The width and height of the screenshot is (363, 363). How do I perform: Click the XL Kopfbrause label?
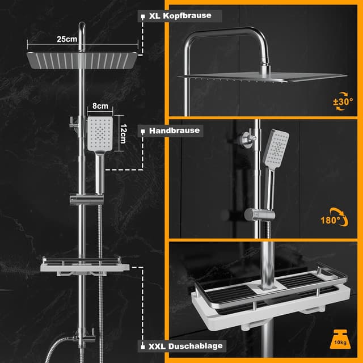[180, 16]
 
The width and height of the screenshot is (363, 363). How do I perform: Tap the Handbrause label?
[174, 130]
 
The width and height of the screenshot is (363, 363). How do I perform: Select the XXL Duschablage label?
[185, 347]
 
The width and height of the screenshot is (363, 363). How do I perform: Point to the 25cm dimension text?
[67, 39]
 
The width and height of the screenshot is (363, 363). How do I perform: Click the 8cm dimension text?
[100, 106]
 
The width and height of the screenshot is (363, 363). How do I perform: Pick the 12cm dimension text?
[124, 134]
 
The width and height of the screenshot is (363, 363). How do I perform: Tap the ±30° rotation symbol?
[343, 102]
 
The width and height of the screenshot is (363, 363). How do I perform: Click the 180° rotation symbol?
[334, 218]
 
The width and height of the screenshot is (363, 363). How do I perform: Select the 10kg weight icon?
[340, 339]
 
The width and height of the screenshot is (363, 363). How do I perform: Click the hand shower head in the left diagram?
[100, 134]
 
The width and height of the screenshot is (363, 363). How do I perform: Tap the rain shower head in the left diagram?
[82, 61]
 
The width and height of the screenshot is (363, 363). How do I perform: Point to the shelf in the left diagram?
[85, 266]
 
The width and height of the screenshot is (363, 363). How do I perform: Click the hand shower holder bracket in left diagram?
[87, 199]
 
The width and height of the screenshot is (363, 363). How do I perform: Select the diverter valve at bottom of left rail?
[84, 337]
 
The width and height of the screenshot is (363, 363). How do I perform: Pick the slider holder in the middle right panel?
[260, 214]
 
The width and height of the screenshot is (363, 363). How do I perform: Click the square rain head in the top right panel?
[262, 77]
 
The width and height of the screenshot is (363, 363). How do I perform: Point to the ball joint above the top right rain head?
[265, 68]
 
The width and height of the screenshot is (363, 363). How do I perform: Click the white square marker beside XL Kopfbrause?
[143, 16]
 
